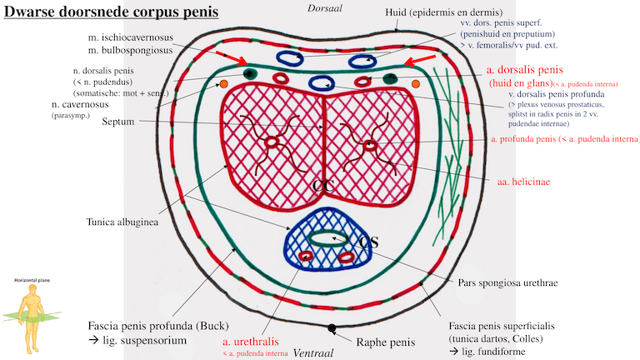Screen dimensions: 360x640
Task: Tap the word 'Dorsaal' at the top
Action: (x=323, y=8)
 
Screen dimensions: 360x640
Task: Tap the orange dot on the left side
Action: (x=222, y=84)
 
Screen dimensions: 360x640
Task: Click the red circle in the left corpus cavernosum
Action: (x=272, y=142)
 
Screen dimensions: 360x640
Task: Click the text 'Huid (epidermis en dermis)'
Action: (x=468, y=15)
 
